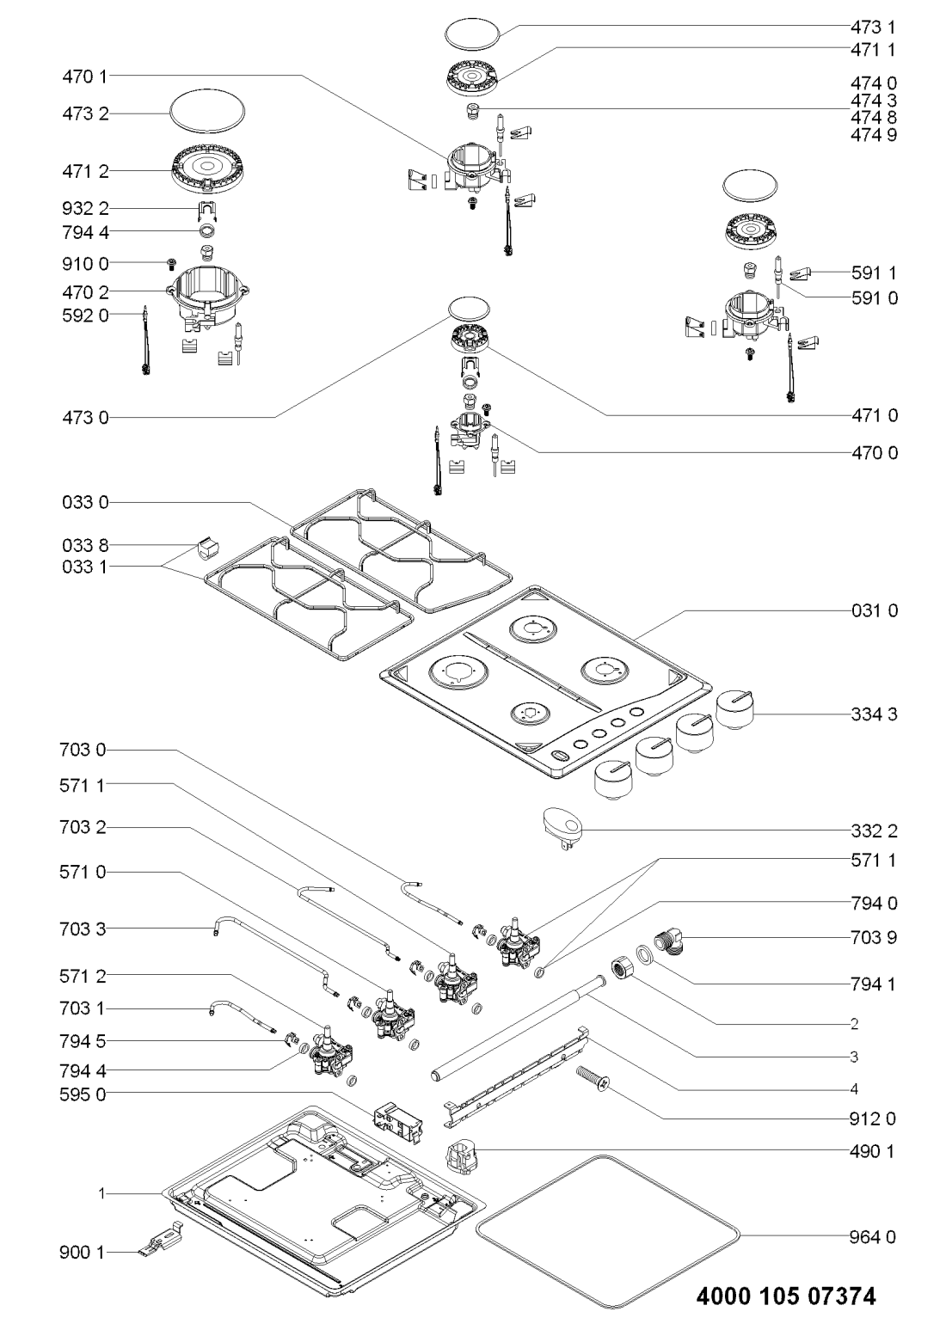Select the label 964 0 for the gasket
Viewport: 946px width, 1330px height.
pyautogui.click(x=875, y=1237)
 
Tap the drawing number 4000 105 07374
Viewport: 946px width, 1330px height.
pyautogui.click(x=786, y=1296)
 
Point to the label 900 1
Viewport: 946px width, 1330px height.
pyautogui.click(x=84, y=1253)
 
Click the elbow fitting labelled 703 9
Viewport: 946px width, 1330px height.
pyautogui.click(x=672, y=939)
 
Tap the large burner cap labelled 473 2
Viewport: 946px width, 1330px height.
pyautogui.click(x=206, y=113)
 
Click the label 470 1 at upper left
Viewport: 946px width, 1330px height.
pyautogui.click(x=84, y=76)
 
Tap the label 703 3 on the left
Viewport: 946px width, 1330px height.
pyautogui.click(x=84, y=929)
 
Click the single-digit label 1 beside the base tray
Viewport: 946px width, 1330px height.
pyautogui.click(x=101, y=1193)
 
